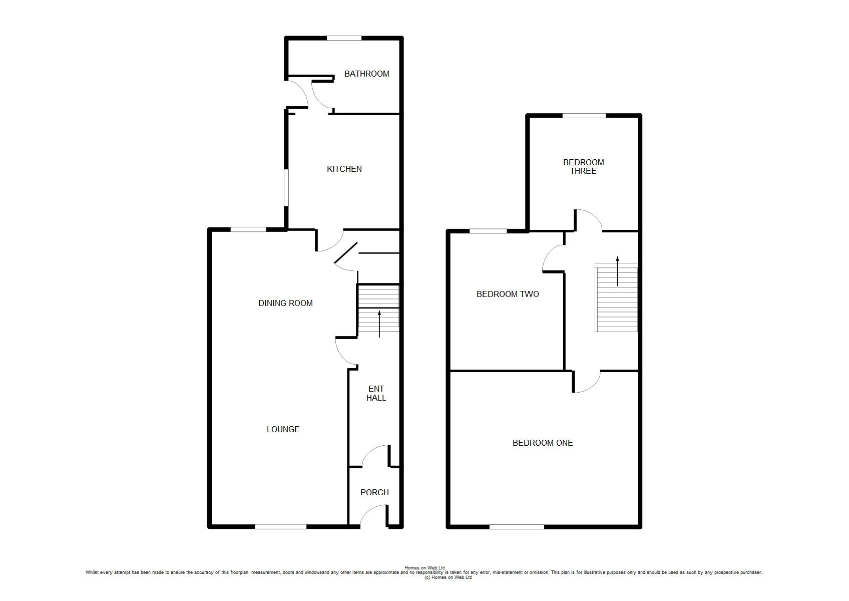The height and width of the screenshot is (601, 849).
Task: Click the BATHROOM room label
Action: (x=366, y=74)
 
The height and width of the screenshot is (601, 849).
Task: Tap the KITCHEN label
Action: (x=344, y=169)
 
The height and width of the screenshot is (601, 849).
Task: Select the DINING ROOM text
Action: (x=285, y=304)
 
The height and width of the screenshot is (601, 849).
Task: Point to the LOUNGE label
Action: (x=283, y=429)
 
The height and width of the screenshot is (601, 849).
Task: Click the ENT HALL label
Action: (x=376, y=393)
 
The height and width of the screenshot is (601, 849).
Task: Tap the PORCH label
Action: (x=374, y=492)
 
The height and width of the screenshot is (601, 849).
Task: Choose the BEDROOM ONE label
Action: (x=542, y=443)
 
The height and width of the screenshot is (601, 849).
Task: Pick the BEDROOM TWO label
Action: (x=508, y=294)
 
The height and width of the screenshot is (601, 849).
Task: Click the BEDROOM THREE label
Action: (x=583, y=167)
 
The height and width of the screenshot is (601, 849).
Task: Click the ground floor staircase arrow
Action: (x=379, y=324)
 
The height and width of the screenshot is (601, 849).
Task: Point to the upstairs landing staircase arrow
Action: (x=617, y=271)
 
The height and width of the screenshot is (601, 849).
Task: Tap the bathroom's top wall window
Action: (x=344, y=38)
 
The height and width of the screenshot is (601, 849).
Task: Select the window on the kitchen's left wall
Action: (x=286, y=188)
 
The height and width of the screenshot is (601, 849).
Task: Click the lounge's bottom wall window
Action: (x=280, y=527)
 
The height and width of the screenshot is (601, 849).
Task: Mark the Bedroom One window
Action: (x=517, y=527)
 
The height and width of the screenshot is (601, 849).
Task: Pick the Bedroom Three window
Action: (x=584, y=116)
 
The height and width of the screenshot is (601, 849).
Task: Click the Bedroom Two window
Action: (x=488, y=231)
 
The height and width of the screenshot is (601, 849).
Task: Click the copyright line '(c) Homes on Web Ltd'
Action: (x=448, y=577)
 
